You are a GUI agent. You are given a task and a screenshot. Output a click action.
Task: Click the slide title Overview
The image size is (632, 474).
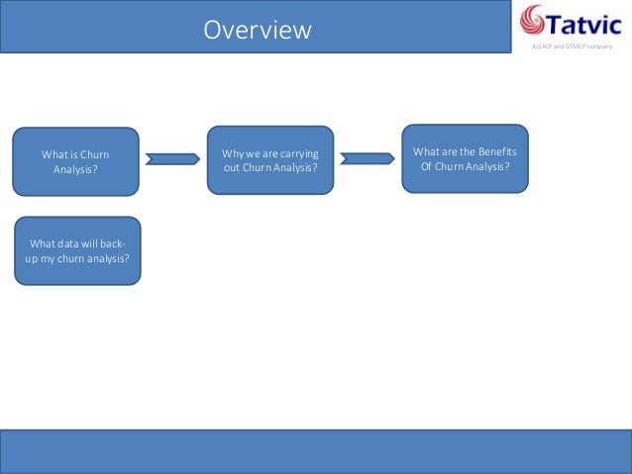point(258,31)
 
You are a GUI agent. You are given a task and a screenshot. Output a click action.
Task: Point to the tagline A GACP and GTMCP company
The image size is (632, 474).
point(573,47)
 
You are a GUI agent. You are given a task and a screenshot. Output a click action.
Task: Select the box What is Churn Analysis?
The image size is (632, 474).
point(75,161)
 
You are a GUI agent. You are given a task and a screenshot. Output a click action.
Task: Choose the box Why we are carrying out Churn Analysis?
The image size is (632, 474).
point(270,160)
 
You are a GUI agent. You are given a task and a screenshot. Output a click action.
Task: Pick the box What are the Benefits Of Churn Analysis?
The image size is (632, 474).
point(465,158)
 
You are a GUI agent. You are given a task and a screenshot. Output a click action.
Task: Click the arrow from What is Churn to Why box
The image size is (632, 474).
point(172,158)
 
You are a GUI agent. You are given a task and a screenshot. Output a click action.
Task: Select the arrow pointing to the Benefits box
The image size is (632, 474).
point(367,158)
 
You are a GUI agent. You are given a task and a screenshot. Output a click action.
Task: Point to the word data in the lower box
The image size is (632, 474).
point(73,243)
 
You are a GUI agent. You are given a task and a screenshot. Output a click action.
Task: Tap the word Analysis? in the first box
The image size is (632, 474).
point(75,169)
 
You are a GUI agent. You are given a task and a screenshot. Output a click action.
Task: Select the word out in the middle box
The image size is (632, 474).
point(233,168)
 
